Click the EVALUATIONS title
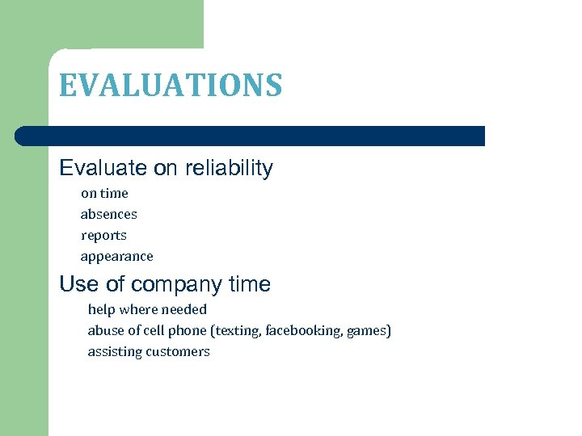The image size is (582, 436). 171,85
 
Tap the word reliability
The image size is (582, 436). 230,168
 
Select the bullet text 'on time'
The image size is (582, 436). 104,193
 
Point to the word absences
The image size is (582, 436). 109,214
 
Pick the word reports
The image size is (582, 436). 103,235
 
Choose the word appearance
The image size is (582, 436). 116,256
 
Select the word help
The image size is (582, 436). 101,309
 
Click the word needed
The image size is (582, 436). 184,309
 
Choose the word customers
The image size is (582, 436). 178,351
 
